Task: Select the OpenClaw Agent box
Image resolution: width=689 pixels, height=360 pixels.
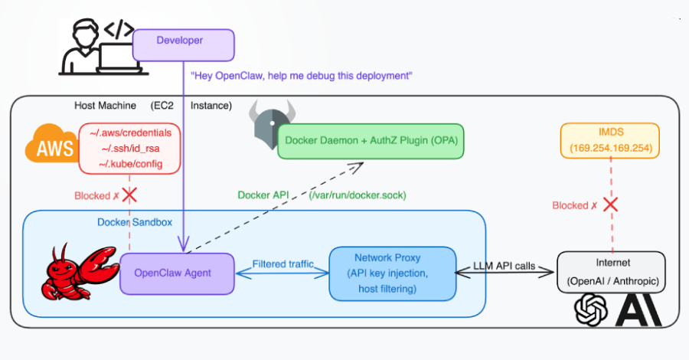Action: click(172, 272)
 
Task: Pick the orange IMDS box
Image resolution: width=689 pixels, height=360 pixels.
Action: click(609, 141)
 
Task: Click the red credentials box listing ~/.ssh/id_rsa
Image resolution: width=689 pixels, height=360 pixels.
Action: click(130, 148)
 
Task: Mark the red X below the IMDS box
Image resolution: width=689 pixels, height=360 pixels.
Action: click(610, 205)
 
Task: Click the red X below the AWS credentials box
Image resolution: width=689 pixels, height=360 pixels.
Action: click(129, 195)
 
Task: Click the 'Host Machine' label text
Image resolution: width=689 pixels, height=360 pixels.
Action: click(105, 105)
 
